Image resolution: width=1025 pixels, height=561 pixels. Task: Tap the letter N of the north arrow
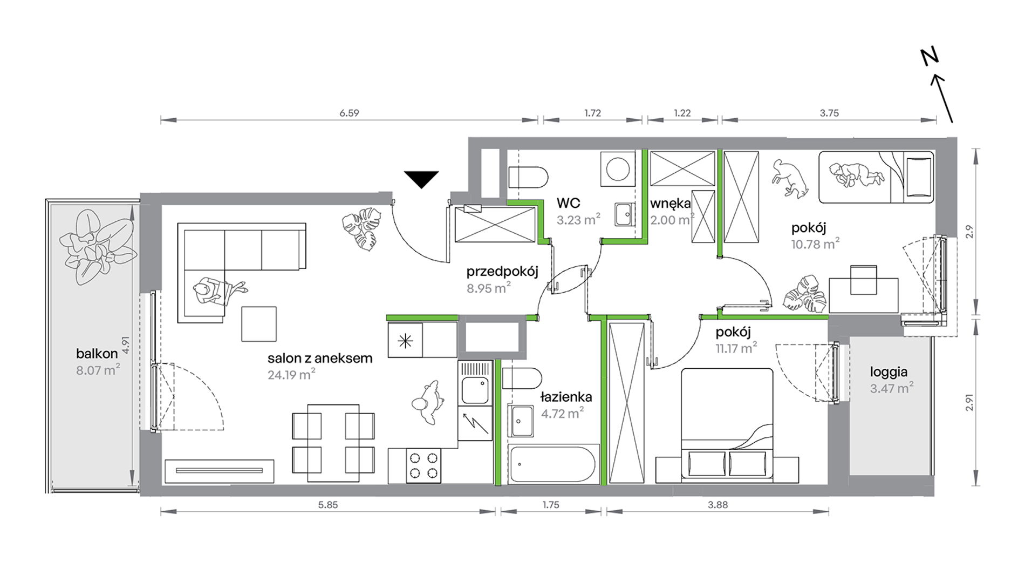click(x=930, y=57)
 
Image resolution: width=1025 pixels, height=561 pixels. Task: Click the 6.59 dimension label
click(x=349, y=113)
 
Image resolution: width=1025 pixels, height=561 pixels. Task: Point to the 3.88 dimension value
click(x=717, y=505)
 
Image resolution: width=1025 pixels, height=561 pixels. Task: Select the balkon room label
click(x=97, y=354)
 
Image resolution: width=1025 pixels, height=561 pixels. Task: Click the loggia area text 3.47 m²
click(x=891, y=388)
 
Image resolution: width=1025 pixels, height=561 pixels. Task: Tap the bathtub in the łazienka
click(x=553, y=464)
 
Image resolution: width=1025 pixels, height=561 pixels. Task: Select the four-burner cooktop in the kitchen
click(x=423, y=466)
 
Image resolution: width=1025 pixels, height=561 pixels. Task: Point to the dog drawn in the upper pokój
click(x=789, y=178)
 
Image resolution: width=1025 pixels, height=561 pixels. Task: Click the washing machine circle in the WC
click(x=618, y=169)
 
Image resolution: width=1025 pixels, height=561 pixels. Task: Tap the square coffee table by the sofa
click(x=259, y=324)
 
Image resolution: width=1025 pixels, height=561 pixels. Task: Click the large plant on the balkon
click(x=98, y=247)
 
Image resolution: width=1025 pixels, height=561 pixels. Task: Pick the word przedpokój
click(x=502, y=271)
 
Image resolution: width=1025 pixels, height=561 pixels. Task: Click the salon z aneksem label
click(x=320, y=358)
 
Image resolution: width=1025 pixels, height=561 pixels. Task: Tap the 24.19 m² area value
click(x=291, y=374)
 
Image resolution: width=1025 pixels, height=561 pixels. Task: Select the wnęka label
click(x=670, y=204)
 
